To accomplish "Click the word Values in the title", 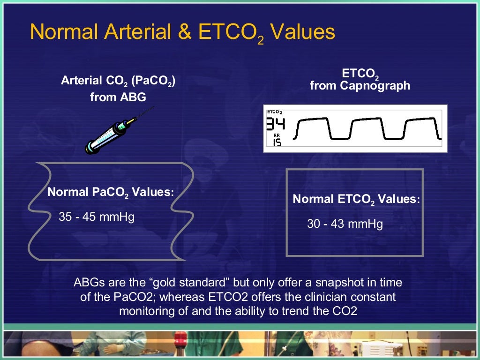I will click(303, 32).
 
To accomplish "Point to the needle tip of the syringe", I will click(153, 107).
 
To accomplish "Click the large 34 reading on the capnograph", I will click(275, 125).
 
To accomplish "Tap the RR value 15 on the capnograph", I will click(277, 142).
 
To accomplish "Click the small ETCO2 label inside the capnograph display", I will click(275, 112).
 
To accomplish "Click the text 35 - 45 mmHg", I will click(97, 217).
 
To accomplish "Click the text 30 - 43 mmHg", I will click(345, 224).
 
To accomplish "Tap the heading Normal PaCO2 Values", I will click(111, 192).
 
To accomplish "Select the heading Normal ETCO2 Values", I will click(356, 199).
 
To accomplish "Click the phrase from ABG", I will click(118, 98).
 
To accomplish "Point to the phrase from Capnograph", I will click(360, 86).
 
